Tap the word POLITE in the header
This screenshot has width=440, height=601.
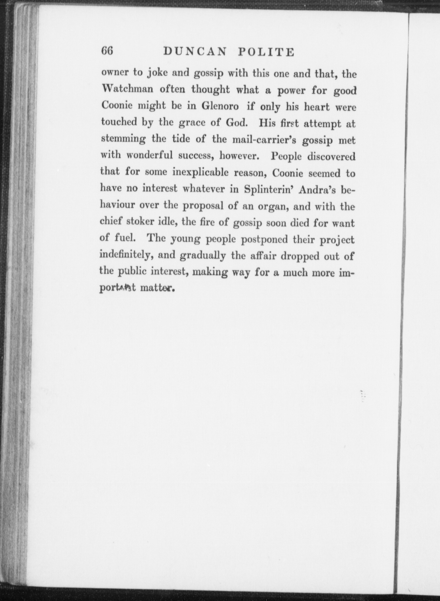pyautogui.click(x=266, y=52)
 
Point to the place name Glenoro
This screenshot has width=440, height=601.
pyautogui.click(x=220, y=106)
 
